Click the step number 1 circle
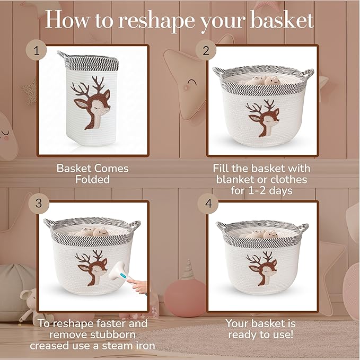(37, 51)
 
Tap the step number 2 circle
(205, 51)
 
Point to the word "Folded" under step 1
(92, 179)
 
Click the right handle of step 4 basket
(303, 227)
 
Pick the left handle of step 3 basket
(49, 223)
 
